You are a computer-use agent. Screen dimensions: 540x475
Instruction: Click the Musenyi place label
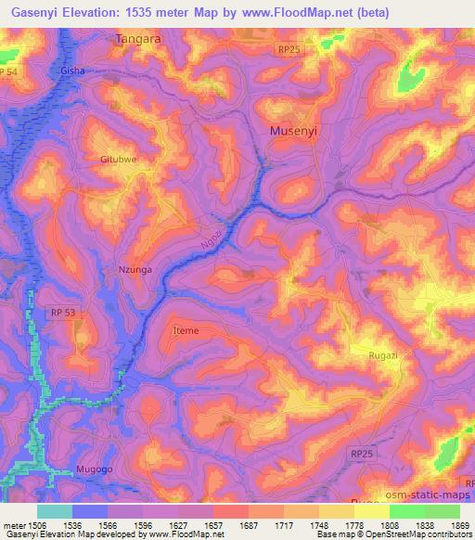pyautogui.click(x=293, y=132)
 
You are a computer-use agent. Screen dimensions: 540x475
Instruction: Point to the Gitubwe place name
pyautogui.click(x=119, y=160)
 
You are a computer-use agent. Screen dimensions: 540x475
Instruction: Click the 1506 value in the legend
pyautogui.click(x=32, y=525)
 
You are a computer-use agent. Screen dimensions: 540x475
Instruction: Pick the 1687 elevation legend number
pyautogui.click(x=249, y=525)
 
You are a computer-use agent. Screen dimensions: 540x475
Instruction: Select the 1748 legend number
pyautogui.click(x=320, y=525)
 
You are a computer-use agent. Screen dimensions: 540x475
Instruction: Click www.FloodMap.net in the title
pyautogui.click(x=299, y=12)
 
